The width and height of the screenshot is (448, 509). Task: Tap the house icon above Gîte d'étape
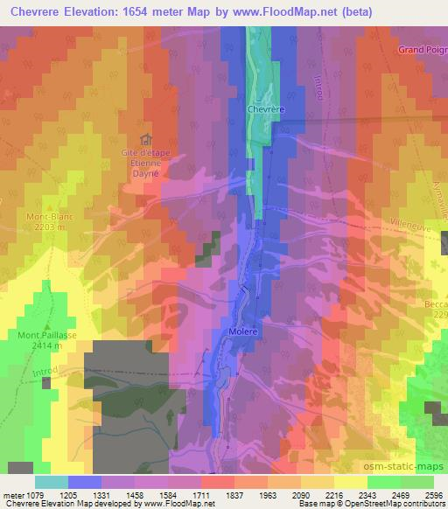(146, 139)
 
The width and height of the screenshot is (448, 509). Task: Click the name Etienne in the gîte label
(147, 164)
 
